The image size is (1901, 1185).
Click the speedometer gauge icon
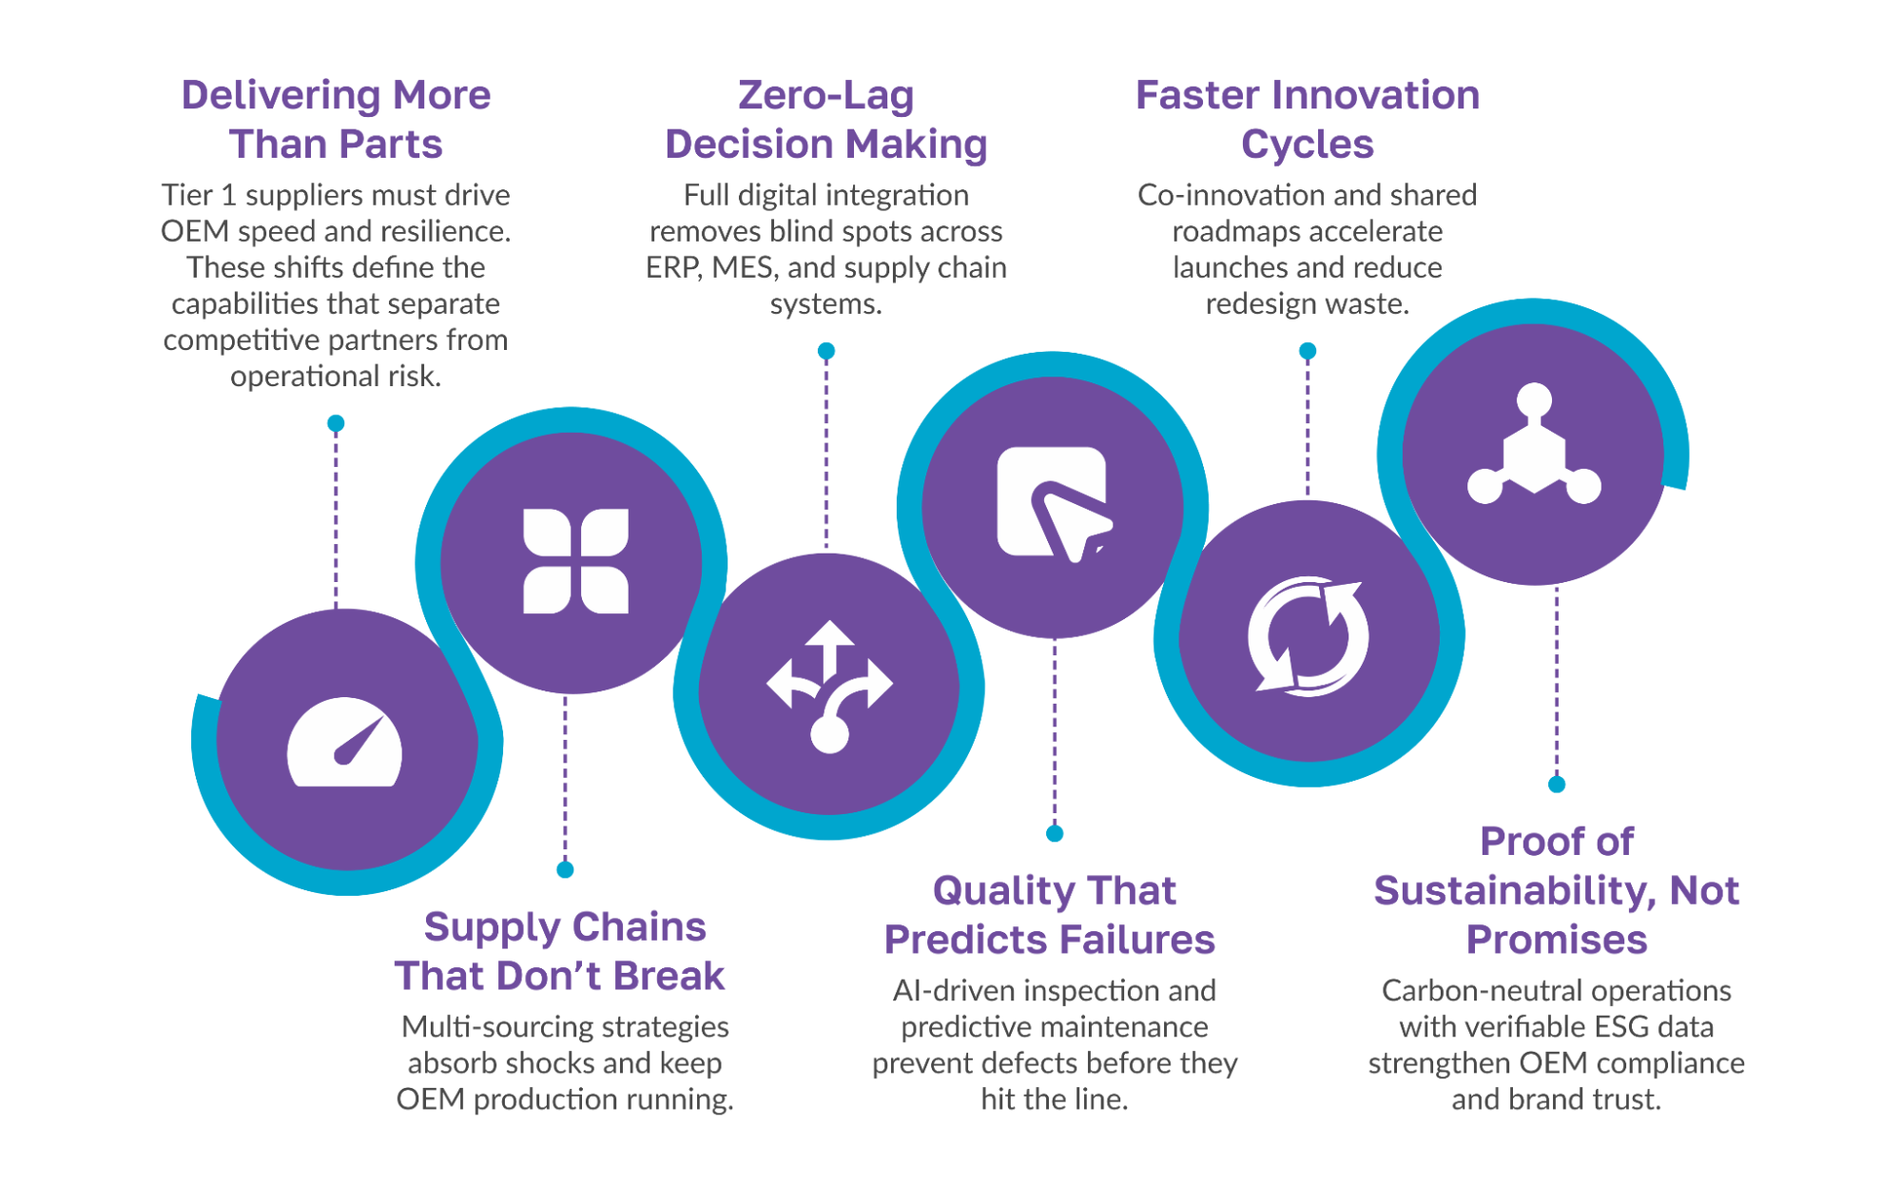point(344,743)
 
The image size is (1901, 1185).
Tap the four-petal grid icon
point(575,561)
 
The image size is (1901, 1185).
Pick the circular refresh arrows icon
point(1309,635)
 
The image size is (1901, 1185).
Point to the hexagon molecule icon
point(1534,443)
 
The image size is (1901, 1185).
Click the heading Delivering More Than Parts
point(336,120)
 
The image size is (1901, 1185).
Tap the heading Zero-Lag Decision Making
point(825,120)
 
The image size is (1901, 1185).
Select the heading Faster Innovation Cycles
point(1308,120)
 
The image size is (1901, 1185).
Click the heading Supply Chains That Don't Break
point(561,951)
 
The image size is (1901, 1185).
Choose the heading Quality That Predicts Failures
point(1050,915)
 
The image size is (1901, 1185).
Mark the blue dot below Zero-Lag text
point(826,351)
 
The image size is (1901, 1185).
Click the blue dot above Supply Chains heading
point(565,869)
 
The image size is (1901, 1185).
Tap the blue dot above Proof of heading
point(1557,784)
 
